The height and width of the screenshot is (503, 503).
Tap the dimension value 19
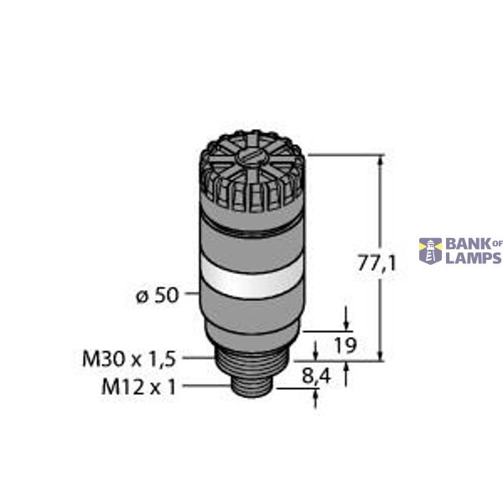(x=345, y=345)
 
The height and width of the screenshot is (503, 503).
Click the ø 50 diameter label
(x=156, y=295)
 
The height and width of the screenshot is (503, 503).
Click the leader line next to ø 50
(x=189, y=295)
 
